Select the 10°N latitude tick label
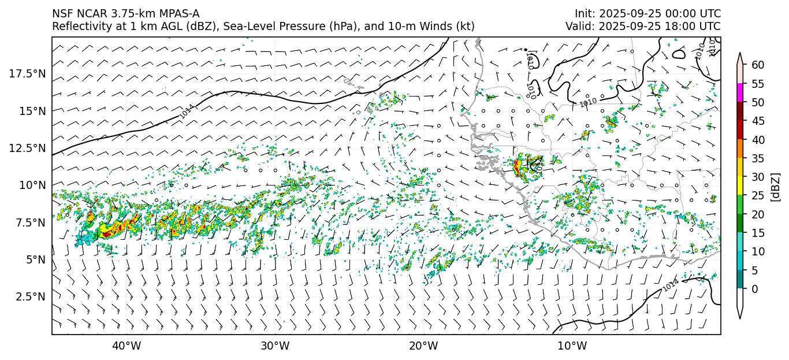[32, 185]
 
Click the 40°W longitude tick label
[126, 346]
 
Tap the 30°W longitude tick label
[275, 346]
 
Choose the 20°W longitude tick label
[423, 346]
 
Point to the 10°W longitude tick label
[572, 346]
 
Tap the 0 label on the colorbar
[754, 289]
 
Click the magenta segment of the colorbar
[740, 93]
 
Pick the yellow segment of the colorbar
[740, 186]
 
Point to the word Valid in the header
[578, 27]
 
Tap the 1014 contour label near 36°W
[187, 111]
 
